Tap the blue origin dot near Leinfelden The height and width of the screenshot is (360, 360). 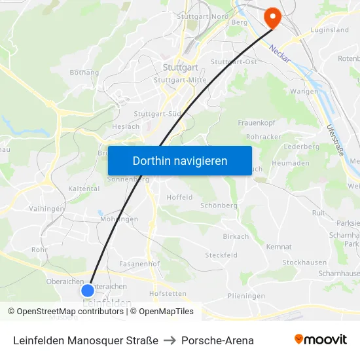(88, 290)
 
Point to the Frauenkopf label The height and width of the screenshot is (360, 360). (257, 122)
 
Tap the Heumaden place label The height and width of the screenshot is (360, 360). (290, 163)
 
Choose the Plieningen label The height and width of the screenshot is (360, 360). (247, 296)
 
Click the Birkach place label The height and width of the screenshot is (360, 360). (236, 237)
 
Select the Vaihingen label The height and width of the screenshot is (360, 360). (46, 209)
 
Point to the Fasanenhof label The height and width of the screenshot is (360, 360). (140, 264)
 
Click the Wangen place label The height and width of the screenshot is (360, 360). (304, 91)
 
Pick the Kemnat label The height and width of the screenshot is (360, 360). (279, 247)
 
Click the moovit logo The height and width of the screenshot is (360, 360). (320, 339)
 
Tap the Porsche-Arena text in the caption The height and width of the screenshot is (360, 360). (217, 340)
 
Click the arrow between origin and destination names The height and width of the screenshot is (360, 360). (170, 340)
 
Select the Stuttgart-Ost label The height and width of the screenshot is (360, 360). (233, 62)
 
